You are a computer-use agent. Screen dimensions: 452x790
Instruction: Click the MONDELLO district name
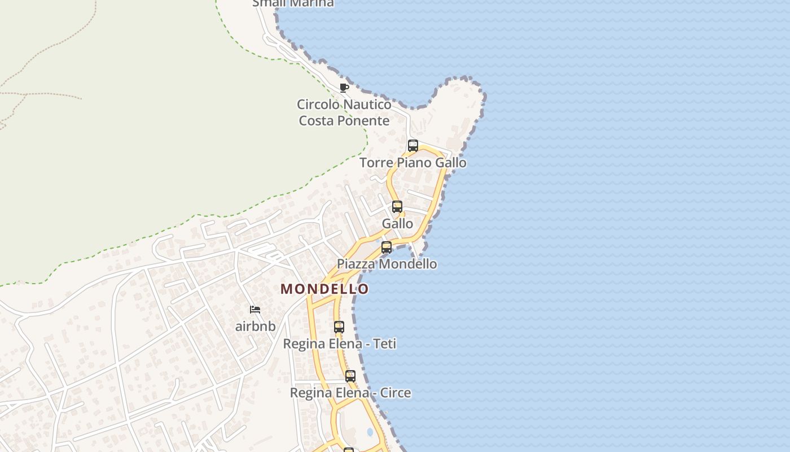(324, 289)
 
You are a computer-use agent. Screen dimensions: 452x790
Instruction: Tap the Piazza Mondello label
(387, 264)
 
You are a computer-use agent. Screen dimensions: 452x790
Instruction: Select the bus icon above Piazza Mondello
(387, 247)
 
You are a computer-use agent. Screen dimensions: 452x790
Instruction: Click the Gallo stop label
(397, 224)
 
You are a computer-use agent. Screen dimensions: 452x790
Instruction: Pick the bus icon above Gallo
(397, 207)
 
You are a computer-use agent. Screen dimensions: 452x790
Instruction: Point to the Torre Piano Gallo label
(413, 163)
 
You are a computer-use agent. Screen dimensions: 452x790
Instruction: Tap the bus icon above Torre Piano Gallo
(413, 146)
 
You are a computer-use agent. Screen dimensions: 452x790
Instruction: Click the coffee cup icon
(344, 88)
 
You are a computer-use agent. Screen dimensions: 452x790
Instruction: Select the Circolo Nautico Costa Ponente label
(344, 112)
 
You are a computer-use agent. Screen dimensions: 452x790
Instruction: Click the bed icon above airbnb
(255, 310)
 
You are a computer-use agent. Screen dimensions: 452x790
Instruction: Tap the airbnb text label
(256, 326)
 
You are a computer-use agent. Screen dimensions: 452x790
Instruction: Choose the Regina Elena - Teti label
(340, 344)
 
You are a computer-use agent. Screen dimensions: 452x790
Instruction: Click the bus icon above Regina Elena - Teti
(339, 327)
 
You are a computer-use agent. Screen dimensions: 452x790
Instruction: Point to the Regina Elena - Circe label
(350, 393)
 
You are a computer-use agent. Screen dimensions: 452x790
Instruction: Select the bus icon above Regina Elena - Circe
(350, 376)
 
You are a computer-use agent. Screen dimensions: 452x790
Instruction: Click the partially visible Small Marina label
(293, 3)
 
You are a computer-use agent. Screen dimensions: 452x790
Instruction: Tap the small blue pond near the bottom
(370, 432)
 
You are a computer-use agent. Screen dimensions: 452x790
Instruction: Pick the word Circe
(396, 393)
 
